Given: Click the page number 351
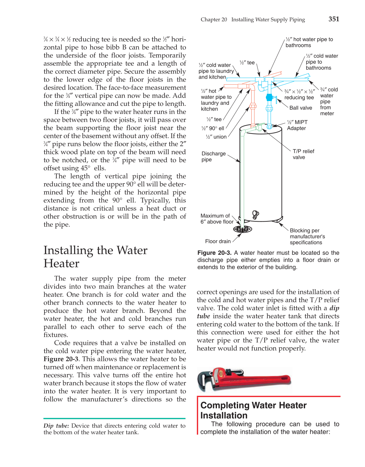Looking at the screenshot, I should pyautogui.click(x=334, y=19).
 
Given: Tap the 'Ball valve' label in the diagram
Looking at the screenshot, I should pyautogui.click(x=301, y=108).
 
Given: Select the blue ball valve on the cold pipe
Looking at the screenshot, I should pyautogui.click(x=269, y=98).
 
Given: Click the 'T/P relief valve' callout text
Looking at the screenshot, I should pyautogui.click(x=303, y=154).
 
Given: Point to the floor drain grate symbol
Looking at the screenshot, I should pyautogui.click(x=242, y=229).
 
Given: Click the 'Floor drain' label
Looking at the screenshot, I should pyautogui.click(x=218, y=241).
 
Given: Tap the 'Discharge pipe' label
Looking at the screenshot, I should pyautogui.click(x=213, y=156).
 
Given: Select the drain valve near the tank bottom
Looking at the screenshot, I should pyautogui.click(x=255, y=215).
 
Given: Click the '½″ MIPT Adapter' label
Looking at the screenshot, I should pyautogui.click(x=297, y=125).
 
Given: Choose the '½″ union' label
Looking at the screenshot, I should pyautogui.click(x=216, y=137).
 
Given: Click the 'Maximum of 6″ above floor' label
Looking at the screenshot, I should pyautogui.click(x=217, y=219).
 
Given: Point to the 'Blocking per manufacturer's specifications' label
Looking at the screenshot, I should pyautogui.click(x=307, y=236).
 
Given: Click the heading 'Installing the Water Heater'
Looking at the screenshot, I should pyautogui.click(x=95, y=257).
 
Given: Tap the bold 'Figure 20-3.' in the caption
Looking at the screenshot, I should pyautogui.click(x=214, y=253).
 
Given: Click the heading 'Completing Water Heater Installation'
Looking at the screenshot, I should pyautogui.click(x=253, y=410).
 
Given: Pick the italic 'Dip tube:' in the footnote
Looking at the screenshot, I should pyautogui.click(x=56, y=426).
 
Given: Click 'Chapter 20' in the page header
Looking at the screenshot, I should pyautogui.click(x=213, y=20).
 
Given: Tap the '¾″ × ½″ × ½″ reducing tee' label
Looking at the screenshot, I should pyautogui.click(x=299, y=94).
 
